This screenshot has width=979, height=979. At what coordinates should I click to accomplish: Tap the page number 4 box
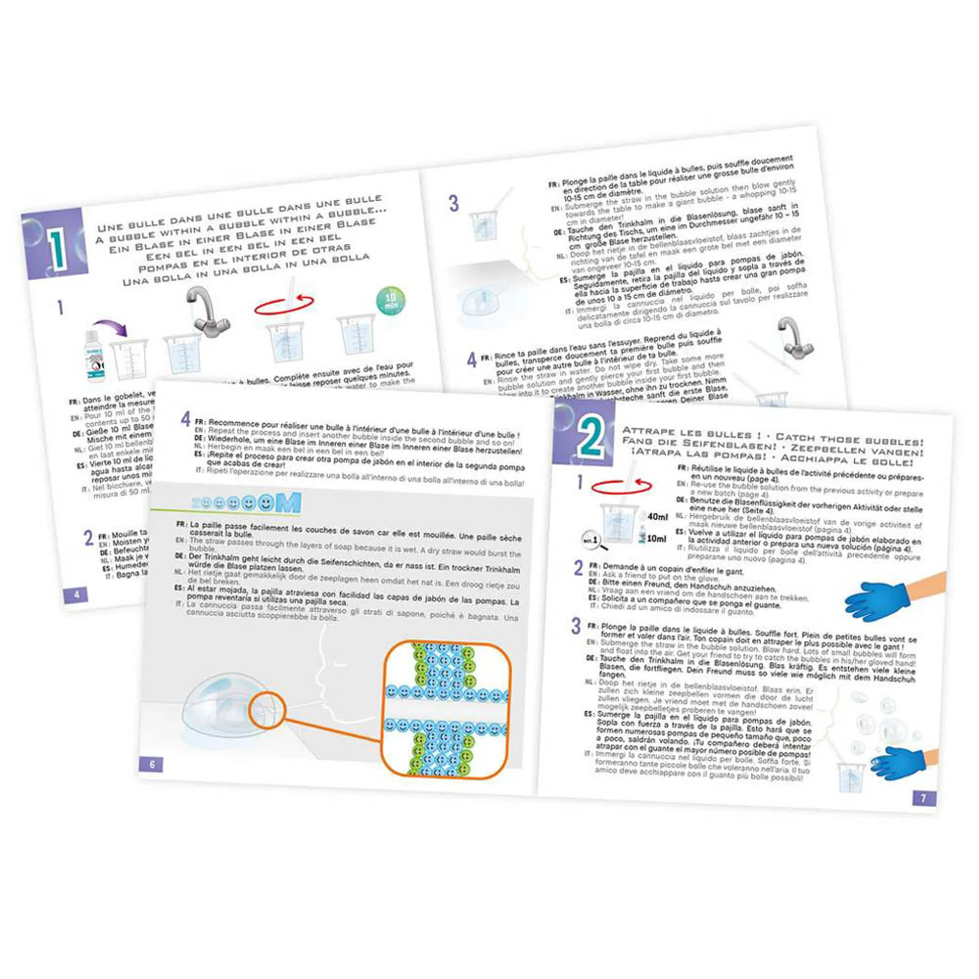76,594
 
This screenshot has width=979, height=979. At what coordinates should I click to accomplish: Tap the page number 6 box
151,764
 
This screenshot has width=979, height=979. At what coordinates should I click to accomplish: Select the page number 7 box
923,798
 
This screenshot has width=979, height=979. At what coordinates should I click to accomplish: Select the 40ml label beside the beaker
657,517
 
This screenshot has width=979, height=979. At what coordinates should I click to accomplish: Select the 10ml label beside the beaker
656,539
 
